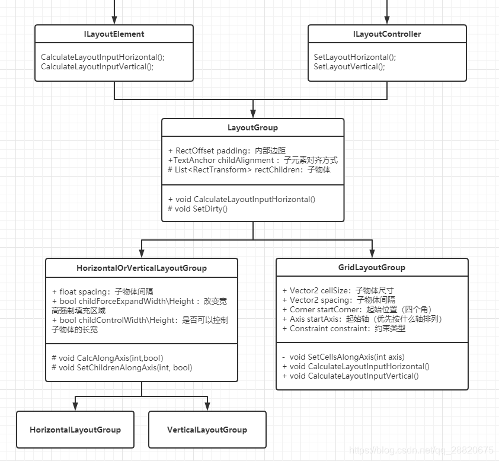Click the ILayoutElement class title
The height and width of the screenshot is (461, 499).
pyautogui.click(x=114, y=34)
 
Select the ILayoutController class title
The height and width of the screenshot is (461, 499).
pyautogui.click(x=387, y=34)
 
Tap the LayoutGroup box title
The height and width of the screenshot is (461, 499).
pyautogui.click(x=252, y=127)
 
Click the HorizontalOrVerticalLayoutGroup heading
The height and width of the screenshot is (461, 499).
pyautogui.click(x=142, y=268)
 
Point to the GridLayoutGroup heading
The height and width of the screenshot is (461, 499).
pyautogui.click(x=372, y=267)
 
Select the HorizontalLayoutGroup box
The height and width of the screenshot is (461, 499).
pyautogui.click(x=75, y=430)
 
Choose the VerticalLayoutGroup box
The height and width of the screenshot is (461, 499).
pyautogui.click(x=207, y=430)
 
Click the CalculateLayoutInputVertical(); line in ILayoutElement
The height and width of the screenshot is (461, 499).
pyautogui.click(x=97, y=67)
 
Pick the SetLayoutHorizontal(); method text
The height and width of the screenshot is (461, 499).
pyautogui.click(x=355, y=57)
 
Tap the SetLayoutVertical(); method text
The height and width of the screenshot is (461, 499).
pyautogui.click(x=349, y=67)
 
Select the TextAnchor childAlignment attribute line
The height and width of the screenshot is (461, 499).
pyautogui.click(x=253, y=160)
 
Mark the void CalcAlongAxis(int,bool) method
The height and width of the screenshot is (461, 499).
pyautogui.click(x=107, y=358)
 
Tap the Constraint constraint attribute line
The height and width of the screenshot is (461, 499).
pyautogui.click(x=344, y=328)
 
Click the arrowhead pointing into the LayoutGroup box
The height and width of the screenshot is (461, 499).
pyautogui.click(x=253, y=113)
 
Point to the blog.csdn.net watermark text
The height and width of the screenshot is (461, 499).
pyautogui.click(x=421, y=451)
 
